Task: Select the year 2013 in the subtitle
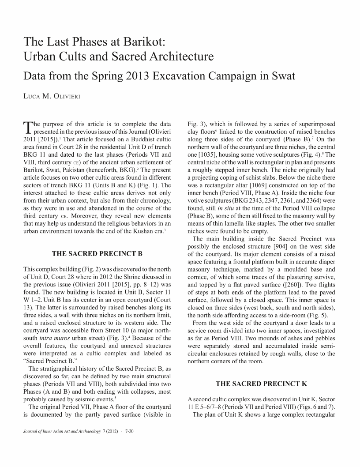[x=137, y=75]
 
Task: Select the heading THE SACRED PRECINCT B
[x=97, y=253]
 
